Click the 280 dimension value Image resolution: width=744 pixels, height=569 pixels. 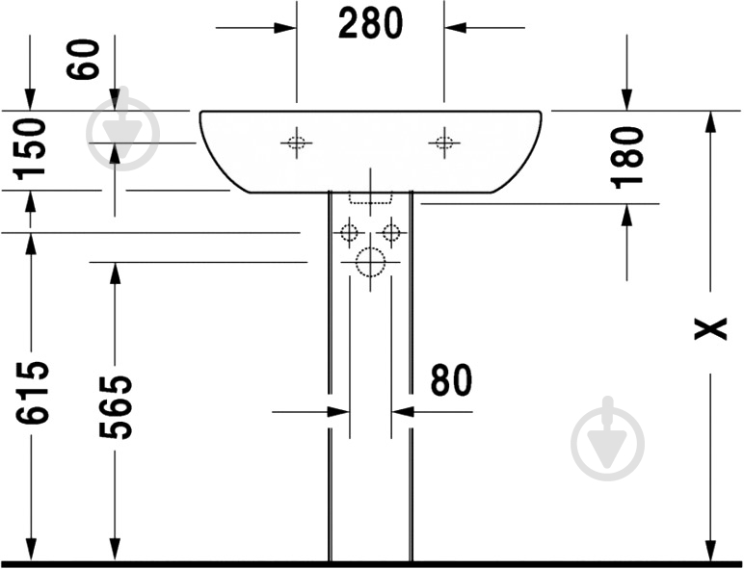[371, 24]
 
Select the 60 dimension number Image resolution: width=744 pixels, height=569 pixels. [84, 60]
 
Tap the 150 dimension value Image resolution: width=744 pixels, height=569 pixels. [31, 150]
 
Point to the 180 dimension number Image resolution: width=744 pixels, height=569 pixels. [626, 158]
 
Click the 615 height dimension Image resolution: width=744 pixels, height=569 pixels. [32, 393]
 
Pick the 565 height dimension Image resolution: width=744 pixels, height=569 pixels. [116, 407]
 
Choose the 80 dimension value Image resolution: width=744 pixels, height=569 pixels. [451, 379]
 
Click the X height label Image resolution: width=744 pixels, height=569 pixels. [710, 328]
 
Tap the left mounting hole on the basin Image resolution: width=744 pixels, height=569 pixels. [297, 142]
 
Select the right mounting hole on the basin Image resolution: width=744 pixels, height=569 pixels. [444, 142]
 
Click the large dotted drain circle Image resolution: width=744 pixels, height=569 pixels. [370, 262]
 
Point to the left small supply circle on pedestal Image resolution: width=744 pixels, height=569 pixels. [349, 233]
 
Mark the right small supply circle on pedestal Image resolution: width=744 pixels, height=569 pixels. [391, 233]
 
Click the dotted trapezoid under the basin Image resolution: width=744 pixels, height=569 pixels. [371, 198]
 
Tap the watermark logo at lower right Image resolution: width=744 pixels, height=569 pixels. [608, 439]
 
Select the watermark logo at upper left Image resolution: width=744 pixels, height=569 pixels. [123, 128]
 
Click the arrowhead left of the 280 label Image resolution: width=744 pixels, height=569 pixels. [285, 28]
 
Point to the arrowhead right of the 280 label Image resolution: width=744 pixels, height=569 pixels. [456, 28]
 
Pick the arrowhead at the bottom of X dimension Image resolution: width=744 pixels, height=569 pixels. [710, 550]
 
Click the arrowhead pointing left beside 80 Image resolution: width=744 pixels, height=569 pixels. [403, 412]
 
